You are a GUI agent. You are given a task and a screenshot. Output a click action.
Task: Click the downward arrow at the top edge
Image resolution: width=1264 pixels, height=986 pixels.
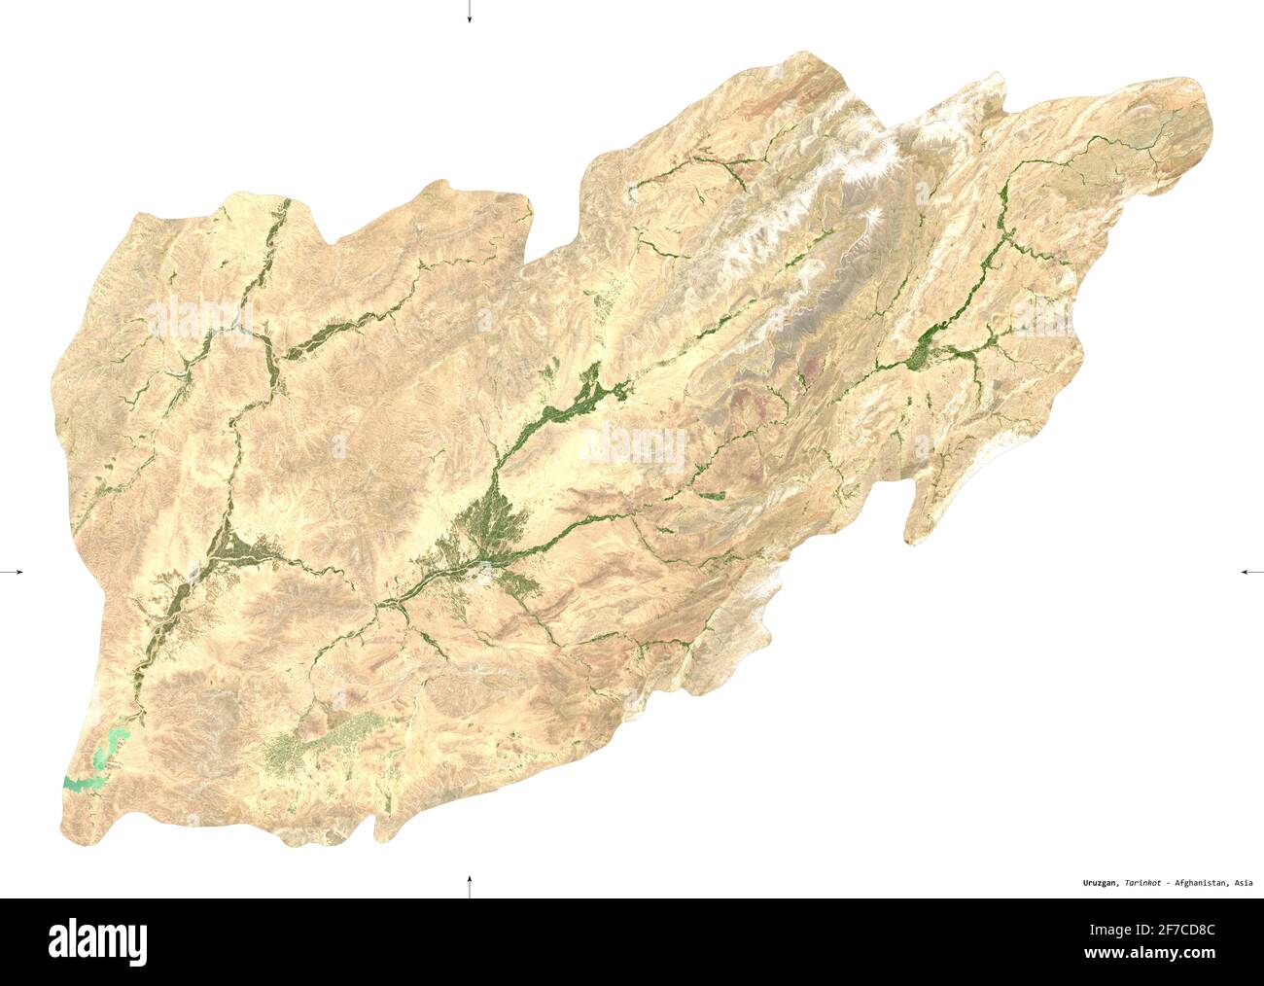pos(469,13)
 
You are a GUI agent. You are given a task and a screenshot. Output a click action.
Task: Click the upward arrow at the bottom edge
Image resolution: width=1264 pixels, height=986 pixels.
pos(469,885)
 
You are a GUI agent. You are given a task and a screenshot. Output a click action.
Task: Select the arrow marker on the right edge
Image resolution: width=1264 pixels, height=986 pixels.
pos(1251,573)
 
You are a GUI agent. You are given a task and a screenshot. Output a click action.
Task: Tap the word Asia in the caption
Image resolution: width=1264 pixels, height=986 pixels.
pos(1242,883)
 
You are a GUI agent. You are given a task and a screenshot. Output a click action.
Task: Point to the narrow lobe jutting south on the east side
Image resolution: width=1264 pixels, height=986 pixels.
pos(924,515)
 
